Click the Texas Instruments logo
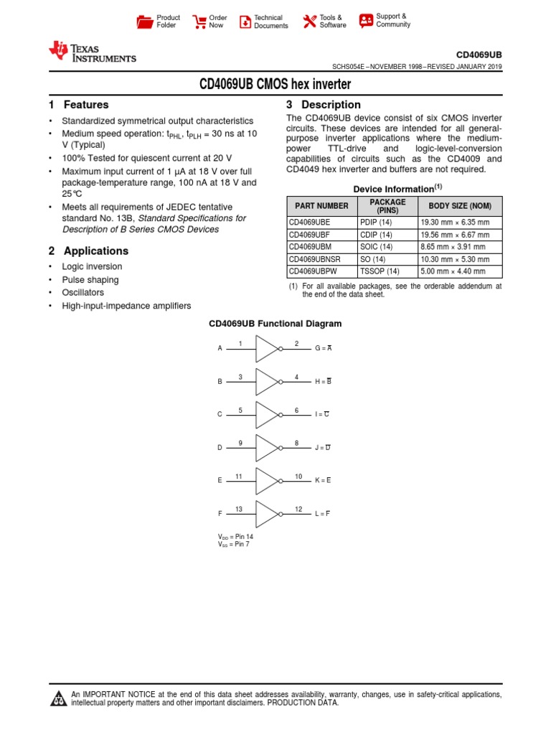coord(91,52)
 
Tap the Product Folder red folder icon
coord(144,22)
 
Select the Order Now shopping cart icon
coord(199,22)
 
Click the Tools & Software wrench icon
coord(309,22)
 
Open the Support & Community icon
coord(366,21)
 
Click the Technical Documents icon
coord(245,22)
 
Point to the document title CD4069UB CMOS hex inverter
coord(275,85)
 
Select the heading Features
coord(86,105)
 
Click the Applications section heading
coord(96,251)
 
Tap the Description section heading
coord(331,105)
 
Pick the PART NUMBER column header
coord(322,206)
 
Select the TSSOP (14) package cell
coord(381,272)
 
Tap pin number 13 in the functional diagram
coord(240,509)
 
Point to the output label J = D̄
coord(322,448)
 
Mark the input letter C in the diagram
coord(220,415)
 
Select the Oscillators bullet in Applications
coord(83,293)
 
